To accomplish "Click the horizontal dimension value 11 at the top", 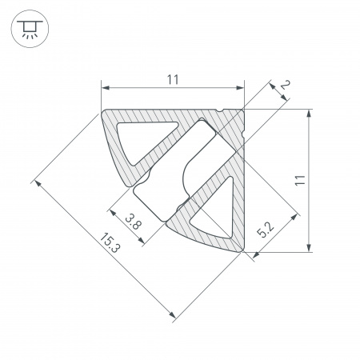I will click(x=172, y=78).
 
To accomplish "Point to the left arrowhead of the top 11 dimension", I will click(x=105, y=87).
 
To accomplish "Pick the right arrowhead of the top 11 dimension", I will click(x=239, y=87).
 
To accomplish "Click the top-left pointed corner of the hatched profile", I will click(x=103, y=111).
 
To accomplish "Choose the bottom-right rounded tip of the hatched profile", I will click(x=240, y=251).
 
